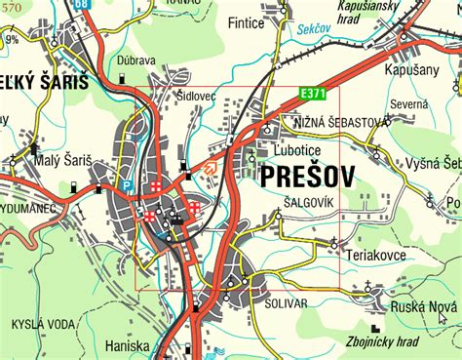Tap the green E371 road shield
pos(310,92)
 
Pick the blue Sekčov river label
pos(314,31)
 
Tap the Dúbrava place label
pos(135,60)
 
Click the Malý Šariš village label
pos(60,158)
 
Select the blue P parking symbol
pos(126,183)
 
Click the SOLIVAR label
pos(285,303)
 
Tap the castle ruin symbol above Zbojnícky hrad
pos(375,326)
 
